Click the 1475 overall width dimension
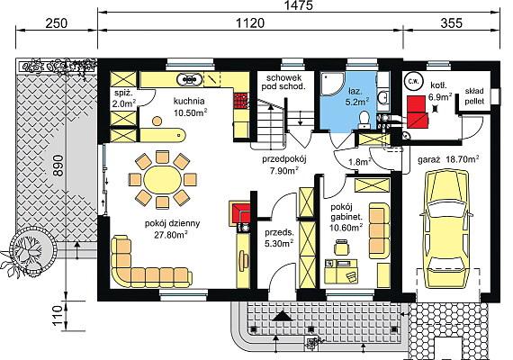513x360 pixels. click(299, 5)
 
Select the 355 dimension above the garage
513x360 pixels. click(452, 23)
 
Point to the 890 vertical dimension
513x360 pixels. click(58, 166)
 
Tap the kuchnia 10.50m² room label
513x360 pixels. click(190, 107)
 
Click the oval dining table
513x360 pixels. click(163, 180)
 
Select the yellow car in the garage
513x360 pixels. click(448, 229)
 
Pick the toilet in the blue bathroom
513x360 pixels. click(364, 120)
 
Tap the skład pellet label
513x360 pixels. click(474, 96)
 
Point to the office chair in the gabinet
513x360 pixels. click(342, 247)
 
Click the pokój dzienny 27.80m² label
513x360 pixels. click(173, 229)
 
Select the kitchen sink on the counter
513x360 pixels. click(189, 79)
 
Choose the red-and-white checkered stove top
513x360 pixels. click(241, 100)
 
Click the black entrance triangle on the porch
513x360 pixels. click(282, 316)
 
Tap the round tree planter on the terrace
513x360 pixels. click(31, 249)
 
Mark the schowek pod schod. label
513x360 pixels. click(283, 82)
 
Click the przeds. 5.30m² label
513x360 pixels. click(279, 238)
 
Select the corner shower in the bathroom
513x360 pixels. click(332, 84)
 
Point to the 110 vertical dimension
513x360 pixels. click(58, 316)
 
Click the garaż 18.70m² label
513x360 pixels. click(448, 159)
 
